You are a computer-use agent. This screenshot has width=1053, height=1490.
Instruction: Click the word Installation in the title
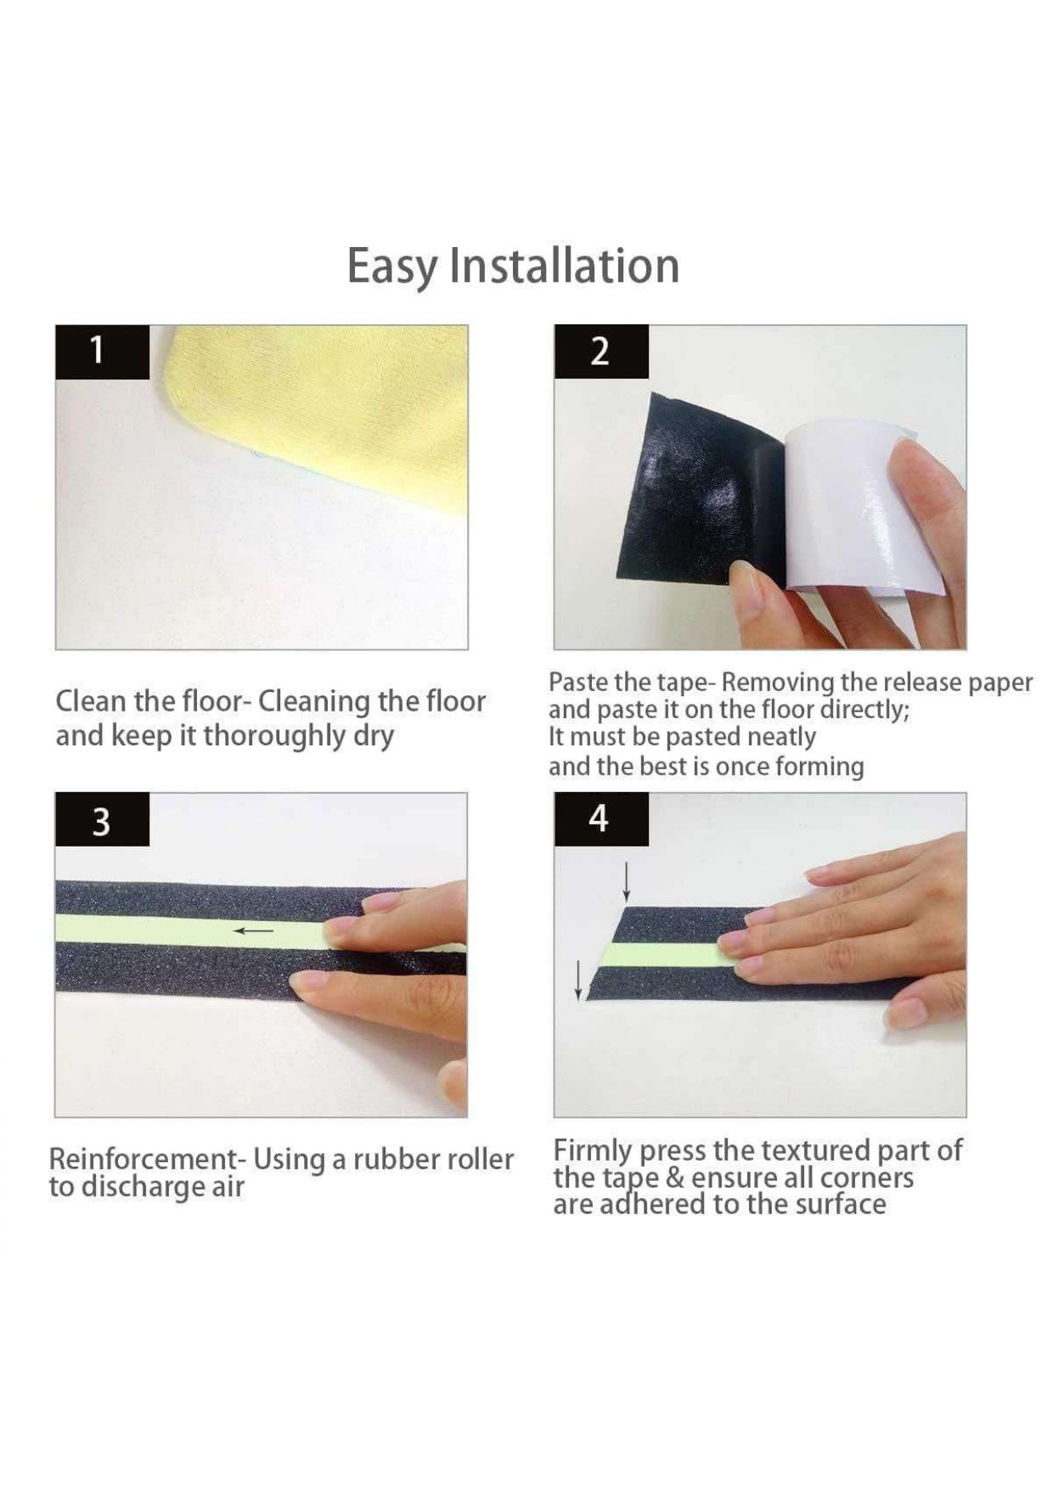pyautogui.click(x=565, y=265)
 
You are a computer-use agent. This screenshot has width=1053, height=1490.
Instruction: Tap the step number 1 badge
pyautogui.click(x=102, y=351)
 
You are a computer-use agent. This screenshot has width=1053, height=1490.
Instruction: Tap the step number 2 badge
pyautogui.click(x=601, y=351)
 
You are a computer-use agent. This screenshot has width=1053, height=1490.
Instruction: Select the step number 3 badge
pyautogui.click(x=102, y=820)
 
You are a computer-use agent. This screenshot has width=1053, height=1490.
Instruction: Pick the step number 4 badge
pyautogui.click(x=601, y=819)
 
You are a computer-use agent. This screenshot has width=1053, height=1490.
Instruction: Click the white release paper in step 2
pyautogui.click(x=841, y=509)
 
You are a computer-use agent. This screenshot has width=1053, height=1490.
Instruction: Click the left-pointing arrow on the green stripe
pyautogui.click(x=254, y=931)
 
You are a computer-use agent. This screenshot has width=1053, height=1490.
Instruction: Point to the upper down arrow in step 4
pyautogui.click(x=627, y=881)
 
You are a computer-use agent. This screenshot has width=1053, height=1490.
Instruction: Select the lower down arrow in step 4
pyautogui.click(x=579, y=979)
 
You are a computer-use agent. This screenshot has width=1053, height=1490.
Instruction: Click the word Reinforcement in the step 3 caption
pyautogui.click(x=141, y=1159)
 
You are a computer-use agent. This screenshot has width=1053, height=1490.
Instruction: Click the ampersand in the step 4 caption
pyautogui.click(x=675, y=1178)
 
